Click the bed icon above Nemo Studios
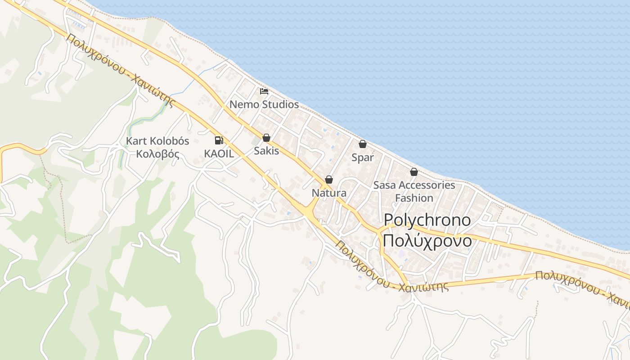(264, 91)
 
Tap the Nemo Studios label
(264, 104)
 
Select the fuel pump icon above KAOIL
(219, 140)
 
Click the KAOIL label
(219, 153)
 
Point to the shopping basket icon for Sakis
(266, 138)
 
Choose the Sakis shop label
(266, 151)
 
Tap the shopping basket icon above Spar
(363, 144)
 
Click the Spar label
(363, 157)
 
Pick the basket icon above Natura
(329, 180)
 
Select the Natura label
(329, 193)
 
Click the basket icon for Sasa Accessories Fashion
(414, 172)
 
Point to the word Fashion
(414, 198)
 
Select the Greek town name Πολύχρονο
(427, 241)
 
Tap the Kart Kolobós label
(157, 141)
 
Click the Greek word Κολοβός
(157, 154)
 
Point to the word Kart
(135, 141)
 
